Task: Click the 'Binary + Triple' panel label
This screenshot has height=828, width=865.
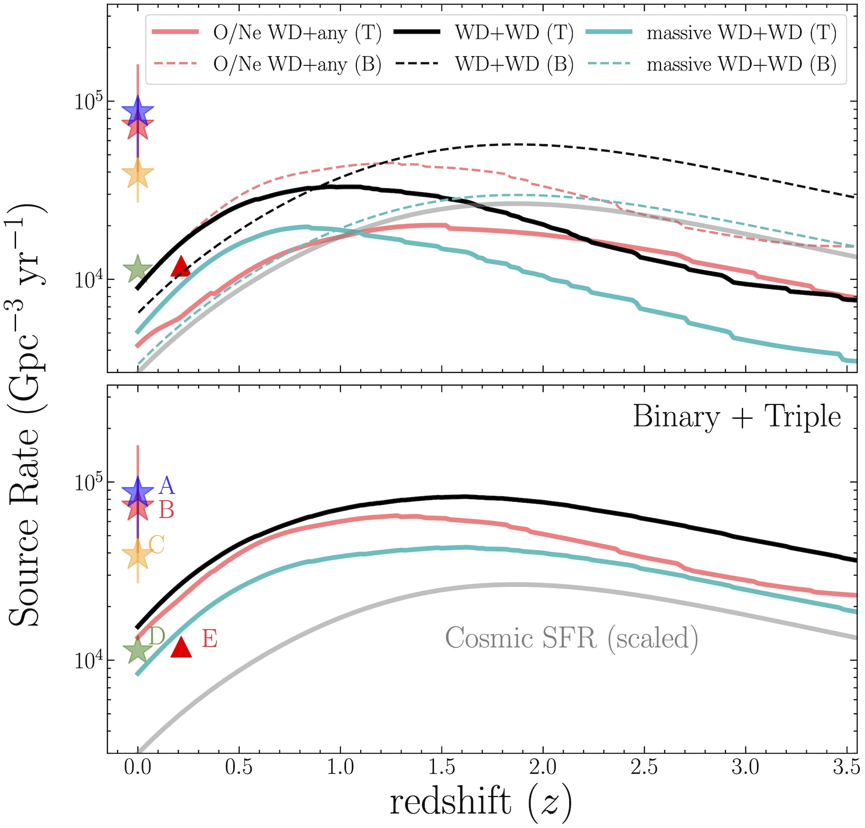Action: click(x=737, y=417)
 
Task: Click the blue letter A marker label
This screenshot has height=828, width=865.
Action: click(x=167, y=485)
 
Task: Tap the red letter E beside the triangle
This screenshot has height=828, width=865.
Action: click(x=210, y=639)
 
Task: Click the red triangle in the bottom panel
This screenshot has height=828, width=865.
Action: click(x=181, y=648)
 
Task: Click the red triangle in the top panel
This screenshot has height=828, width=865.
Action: click(x=180, y=266)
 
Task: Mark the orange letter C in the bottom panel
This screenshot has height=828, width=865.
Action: click(x=157, y=545)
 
